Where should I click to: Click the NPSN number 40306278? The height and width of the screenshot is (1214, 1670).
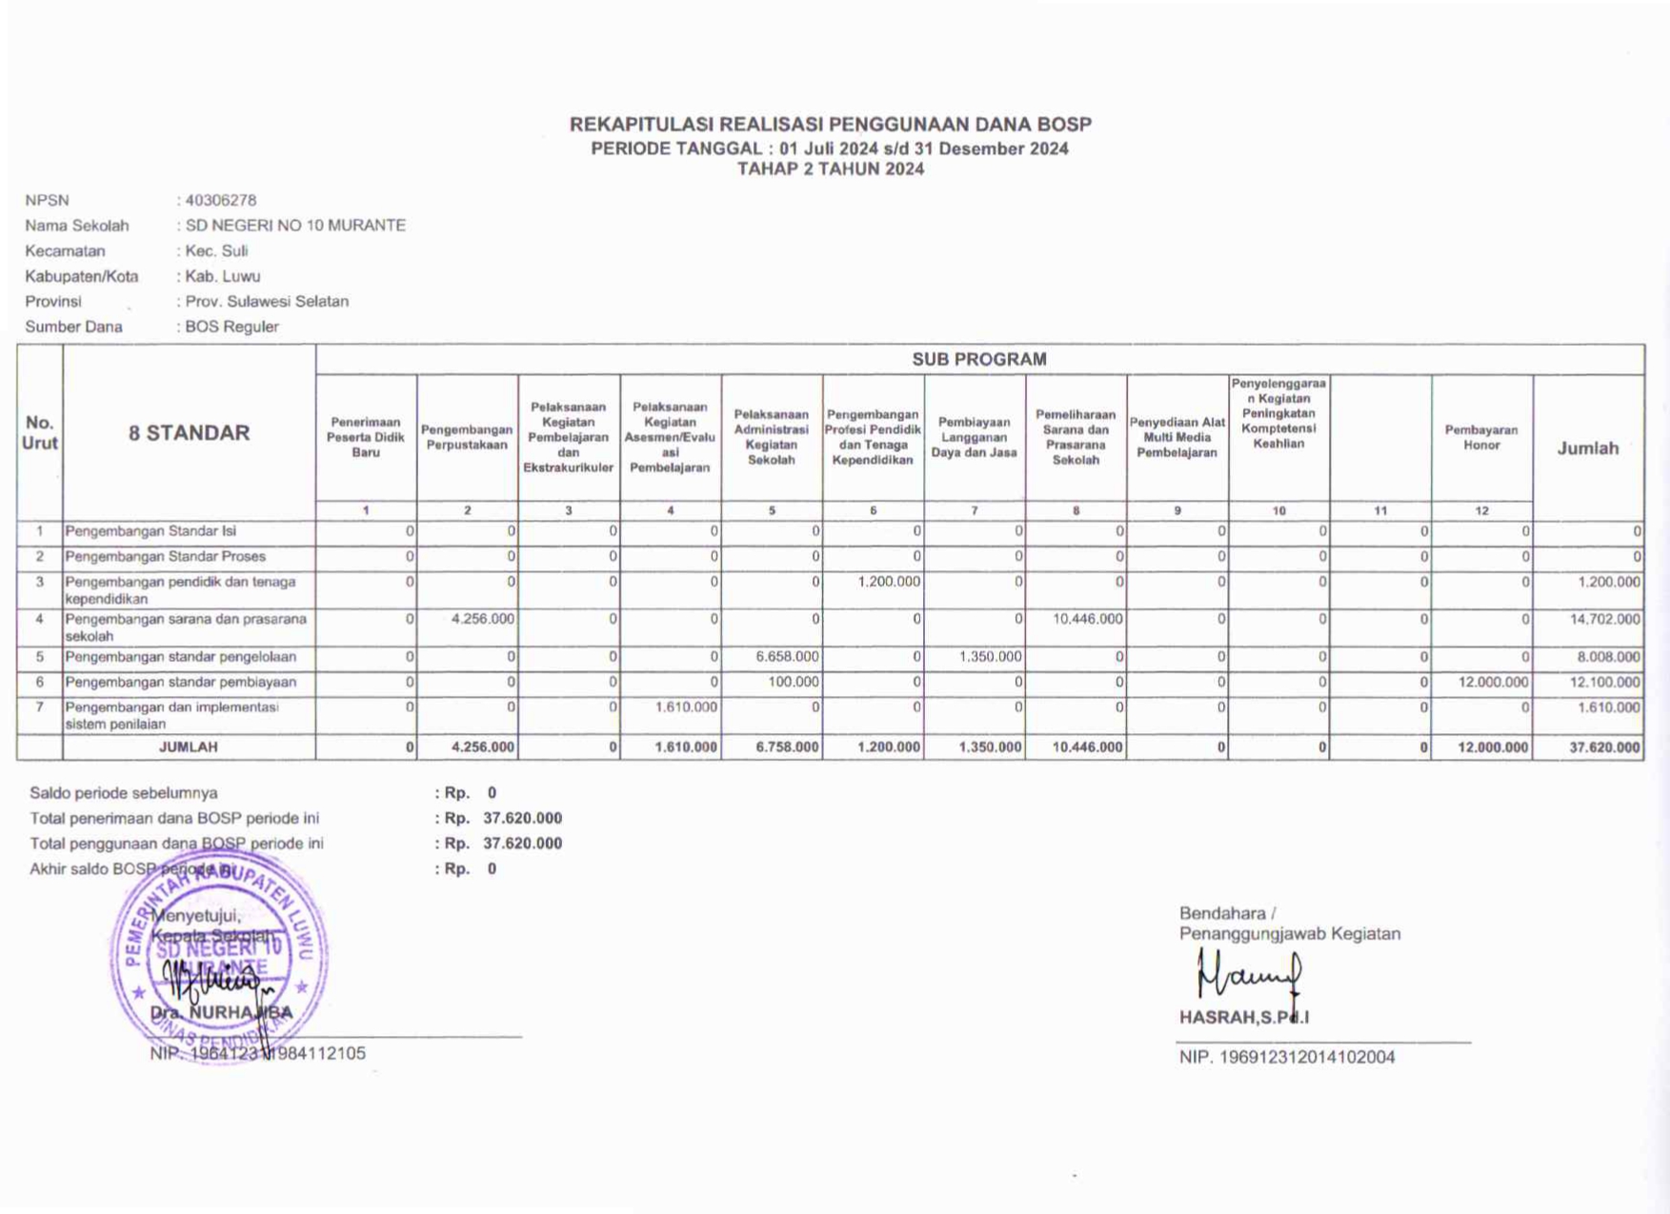click(221, 200)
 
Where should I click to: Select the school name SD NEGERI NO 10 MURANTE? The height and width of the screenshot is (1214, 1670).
click(295, 226)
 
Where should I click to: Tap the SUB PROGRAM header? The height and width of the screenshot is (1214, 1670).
click(978, 359)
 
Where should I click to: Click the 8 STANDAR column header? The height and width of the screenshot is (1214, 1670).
click(189, 432)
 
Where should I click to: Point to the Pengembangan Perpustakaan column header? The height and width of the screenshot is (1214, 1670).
click(467, 437)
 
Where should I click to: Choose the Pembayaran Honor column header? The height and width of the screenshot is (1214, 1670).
click(1481, 437)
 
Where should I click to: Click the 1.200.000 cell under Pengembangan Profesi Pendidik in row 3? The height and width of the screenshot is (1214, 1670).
click(888, 582)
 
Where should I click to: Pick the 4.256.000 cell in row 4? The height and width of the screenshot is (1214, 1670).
click(482, 619)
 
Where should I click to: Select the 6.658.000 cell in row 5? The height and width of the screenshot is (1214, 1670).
click(786, 657)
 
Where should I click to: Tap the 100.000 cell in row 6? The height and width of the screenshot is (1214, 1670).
click(794, 682)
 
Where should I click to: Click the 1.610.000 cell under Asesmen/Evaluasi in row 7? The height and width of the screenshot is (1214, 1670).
click(685, 707)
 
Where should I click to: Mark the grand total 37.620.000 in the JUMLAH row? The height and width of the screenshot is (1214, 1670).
click(1604, 747)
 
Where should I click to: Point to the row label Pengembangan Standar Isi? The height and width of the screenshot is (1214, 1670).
click(151, 531)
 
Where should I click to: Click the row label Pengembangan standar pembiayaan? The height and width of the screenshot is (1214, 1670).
click(180, 682)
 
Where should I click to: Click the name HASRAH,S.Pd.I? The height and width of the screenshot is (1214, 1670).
click(1243, 1017)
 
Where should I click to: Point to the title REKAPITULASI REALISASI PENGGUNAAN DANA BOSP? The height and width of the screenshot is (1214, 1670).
click(830, 125)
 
